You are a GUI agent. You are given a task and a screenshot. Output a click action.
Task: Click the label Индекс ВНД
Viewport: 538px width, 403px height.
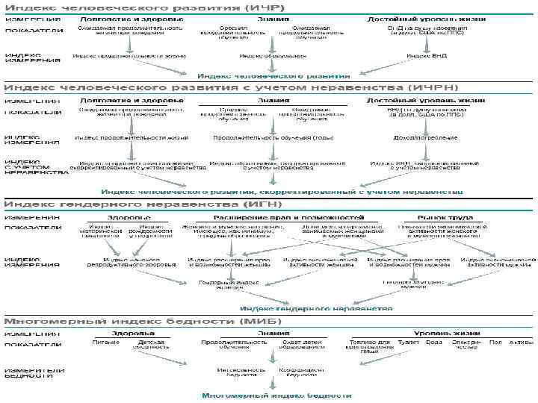click(x=423, y=55)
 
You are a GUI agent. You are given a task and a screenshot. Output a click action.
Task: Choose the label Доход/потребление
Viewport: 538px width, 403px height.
click(x=423, y=137)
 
